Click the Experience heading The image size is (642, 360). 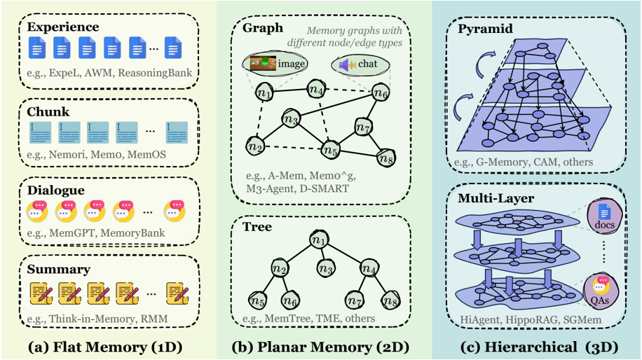click(63, 27)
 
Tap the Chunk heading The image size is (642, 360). click(48, 111)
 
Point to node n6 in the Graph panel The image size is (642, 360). click(381, 93)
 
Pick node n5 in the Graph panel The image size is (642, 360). click(330, 150)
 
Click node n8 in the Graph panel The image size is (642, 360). click(386, 158)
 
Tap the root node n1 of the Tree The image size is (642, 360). click(319, 240)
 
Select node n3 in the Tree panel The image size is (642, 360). click(326, 268)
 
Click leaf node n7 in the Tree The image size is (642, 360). click(355, 300)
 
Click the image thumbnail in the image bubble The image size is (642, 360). click(262, 64)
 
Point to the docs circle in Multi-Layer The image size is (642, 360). click(605, 217)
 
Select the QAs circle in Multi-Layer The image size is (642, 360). click(600, 291)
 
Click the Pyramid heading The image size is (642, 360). click(485, 29)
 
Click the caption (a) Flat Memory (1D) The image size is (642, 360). click(105, 347)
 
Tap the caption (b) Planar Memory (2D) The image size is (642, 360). click(320, 347)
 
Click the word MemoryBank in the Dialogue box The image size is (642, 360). click(132, 233)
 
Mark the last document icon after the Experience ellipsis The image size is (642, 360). click(173, 48)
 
